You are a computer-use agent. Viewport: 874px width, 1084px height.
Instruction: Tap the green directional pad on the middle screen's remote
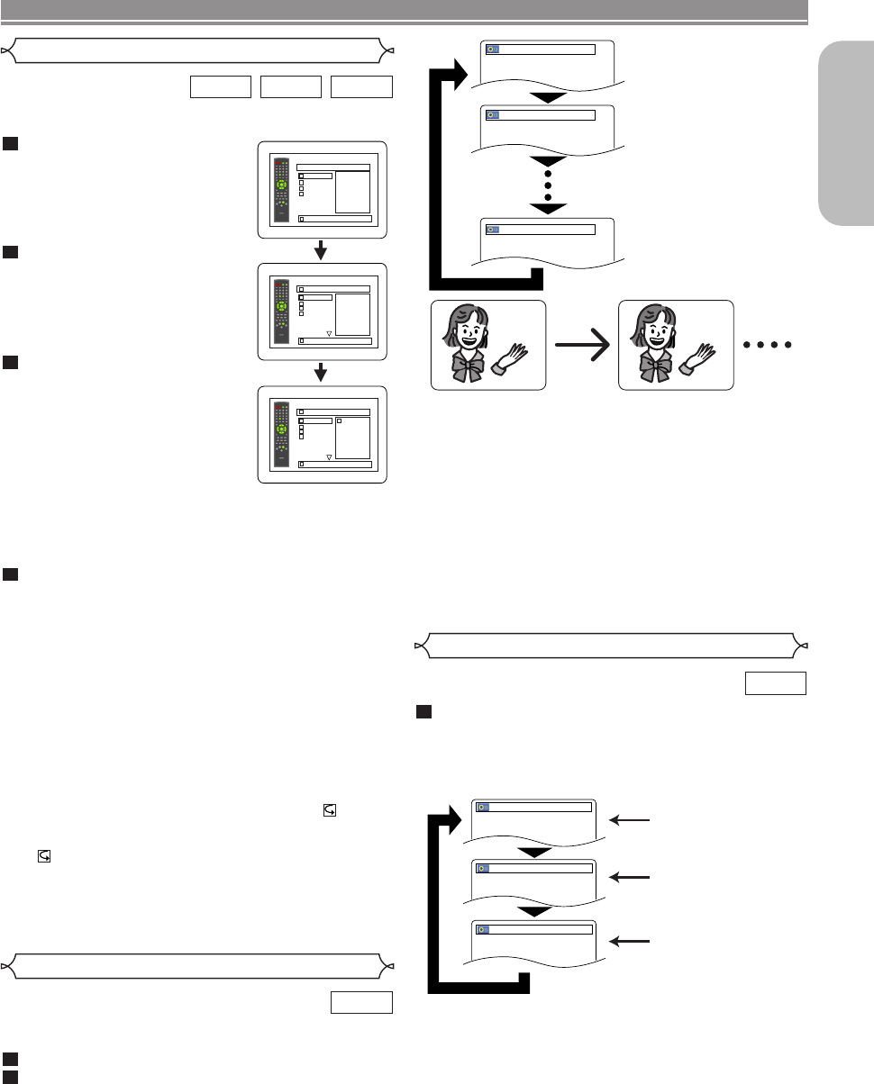[282, 304]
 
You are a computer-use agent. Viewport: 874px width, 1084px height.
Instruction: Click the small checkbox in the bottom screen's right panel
[339, 420]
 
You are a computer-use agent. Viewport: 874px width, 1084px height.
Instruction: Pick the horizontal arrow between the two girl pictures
[582, 345]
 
